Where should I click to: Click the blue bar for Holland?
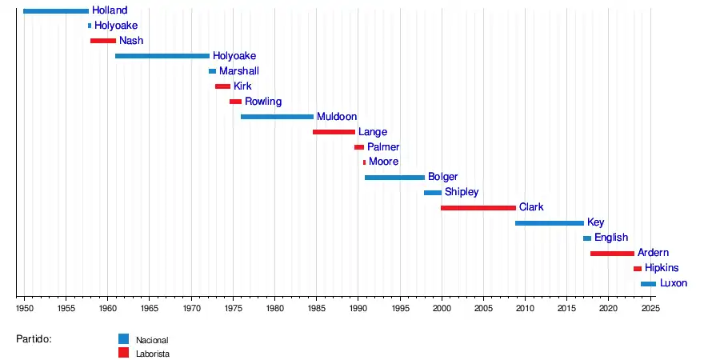56,10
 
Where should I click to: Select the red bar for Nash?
103,41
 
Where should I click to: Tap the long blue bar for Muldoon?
277,117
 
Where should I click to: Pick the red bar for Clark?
478,208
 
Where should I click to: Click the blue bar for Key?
550,223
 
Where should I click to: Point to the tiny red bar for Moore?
364,162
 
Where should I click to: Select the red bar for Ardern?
612,254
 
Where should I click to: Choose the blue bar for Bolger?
394,178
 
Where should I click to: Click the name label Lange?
373,132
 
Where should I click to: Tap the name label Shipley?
462,193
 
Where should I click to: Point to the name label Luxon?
674,283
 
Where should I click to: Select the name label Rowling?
263,102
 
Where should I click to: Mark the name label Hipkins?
662,268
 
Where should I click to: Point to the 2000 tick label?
442,308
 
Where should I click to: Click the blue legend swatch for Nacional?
123,339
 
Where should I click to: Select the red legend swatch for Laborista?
123,352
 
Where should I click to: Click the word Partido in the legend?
34,339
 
